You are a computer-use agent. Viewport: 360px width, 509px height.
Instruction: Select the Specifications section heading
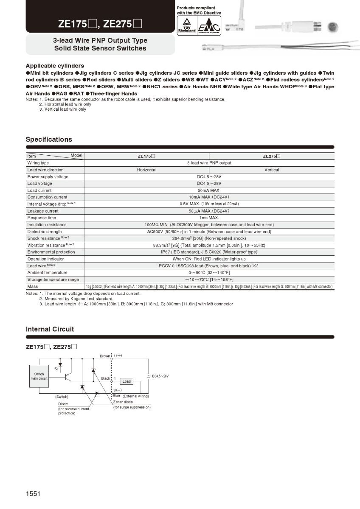tap(49, 140)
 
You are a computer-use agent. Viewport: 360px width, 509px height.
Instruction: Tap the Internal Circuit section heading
tap(50, 329)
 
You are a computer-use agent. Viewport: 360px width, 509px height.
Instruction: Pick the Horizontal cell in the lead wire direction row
tap(146, 170)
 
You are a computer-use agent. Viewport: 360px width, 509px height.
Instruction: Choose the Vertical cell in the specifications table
tap(272, 170)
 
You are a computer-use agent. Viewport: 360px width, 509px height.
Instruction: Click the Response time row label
tap(42, 218)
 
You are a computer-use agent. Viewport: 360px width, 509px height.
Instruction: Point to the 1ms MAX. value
tap(209, 218)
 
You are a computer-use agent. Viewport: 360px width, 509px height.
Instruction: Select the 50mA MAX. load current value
tap(209, 190)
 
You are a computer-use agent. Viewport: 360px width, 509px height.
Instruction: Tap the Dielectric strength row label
tap(45, 232)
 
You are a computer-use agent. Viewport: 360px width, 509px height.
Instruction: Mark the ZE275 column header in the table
tap(272, 156)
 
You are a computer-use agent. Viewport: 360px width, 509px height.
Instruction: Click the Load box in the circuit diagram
tap(127, 381)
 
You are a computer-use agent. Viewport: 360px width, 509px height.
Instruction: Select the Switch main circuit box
tap(39, 376)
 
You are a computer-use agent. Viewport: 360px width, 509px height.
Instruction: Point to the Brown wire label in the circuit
tap(105, 356)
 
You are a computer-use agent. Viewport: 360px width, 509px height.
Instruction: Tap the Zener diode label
tap(123, 402)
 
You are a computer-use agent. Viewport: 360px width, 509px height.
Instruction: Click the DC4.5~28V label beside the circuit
tap(160, 376)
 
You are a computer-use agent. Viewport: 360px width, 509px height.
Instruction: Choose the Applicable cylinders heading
tap(55, 66)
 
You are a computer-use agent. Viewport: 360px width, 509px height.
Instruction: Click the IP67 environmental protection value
tap(209, 252)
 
